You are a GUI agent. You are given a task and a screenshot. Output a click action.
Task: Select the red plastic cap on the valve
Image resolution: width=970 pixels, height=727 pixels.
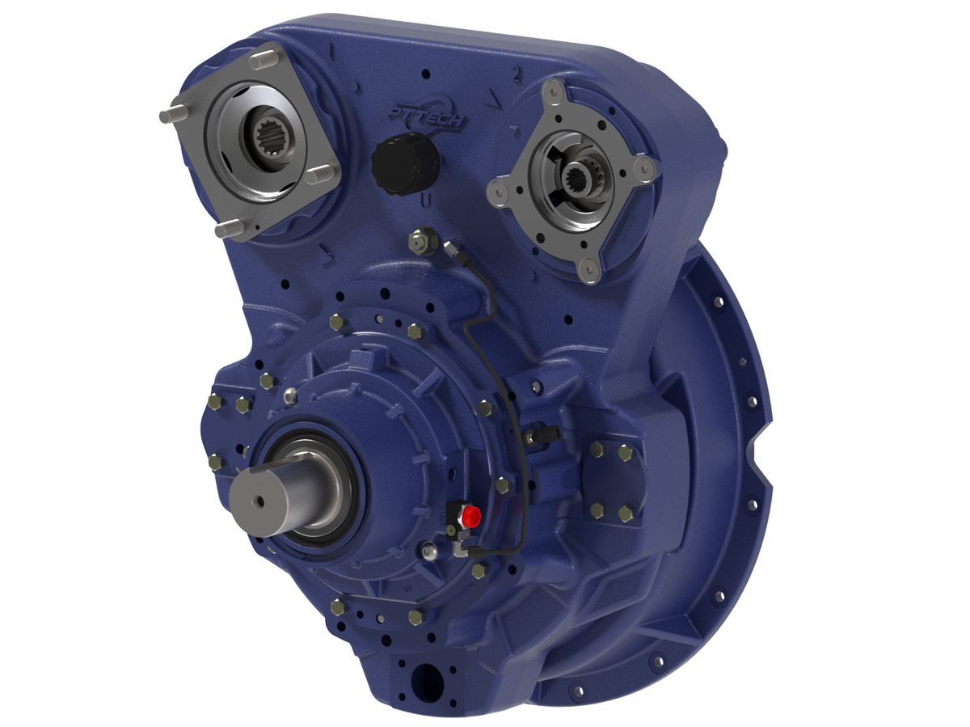click(x=471, y=515)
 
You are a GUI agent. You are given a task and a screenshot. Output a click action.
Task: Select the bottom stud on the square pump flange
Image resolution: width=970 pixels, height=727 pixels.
click(x=227, y=230)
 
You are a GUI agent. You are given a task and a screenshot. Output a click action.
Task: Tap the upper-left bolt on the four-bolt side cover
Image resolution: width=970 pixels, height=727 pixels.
click(x=597, y=450)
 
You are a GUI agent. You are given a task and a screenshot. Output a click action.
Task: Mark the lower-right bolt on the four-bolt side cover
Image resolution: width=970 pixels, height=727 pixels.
click(x=626, y=513)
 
